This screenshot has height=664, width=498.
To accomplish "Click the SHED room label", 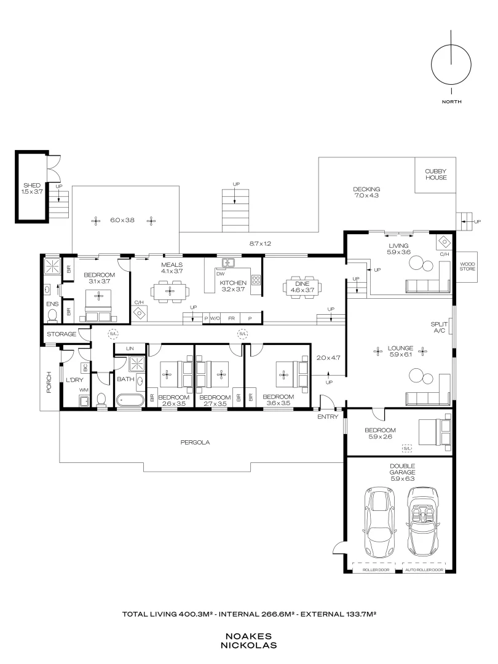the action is click(x=32, y=185).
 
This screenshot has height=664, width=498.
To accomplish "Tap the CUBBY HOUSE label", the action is click(x=436, y=175).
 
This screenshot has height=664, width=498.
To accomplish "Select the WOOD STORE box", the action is click(x=467, y=267).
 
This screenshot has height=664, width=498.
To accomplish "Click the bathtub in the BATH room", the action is click(x=130, y=400).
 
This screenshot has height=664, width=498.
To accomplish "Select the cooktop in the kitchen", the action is click(x=256, y=280).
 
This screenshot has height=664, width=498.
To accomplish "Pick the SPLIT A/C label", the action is click(x=439, y=327).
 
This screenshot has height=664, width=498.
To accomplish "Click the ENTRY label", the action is click(x=328, y=417).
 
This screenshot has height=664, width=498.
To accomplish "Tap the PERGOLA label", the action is click(x=195, y=442).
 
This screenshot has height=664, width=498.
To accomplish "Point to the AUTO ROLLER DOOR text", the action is click(x=424, y=570).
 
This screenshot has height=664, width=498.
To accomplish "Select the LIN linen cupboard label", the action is click(x=130, y=349).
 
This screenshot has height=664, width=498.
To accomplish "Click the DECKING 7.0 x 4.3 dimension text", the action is click(x=366, y=196).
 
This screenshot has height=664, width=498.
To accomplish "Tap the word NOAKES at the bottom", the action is click(x=248, y=636).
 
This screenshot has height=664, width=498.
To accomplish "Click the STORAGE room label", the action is click(x=61, y=334).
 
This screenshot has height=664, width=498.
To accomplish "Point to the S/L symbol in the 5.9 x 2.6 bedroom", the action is click(x=406, y=448).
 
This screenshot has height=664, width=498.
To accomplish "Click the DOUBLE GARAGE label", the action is click(x=402, y=468).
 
